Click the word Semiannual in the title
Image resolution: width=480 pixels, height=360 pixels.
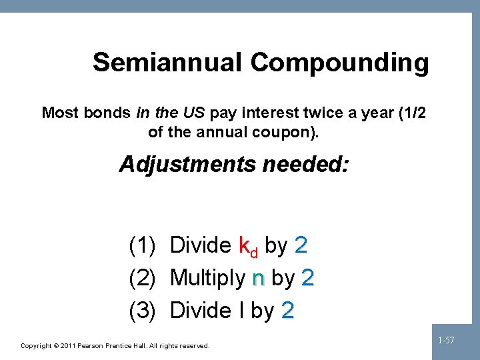coord(168,62)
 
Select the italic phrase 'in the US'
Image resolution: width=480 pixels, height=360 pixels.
coord(170,113)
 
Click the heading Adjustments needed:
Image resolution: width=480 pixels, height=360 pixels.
coord(233,164)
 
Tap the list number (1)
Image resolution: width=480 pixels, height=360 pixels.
coord(142,246)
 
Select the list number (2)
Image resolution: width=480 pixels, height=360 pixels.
coord(142,278)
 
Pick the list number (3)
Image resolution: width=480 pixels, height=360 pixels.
coord(142,310)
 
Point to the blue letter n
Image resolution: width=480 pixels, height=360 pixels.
coord(258,279)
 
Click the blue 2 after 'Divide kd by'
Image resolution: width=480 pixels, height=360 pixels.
coord(301,246)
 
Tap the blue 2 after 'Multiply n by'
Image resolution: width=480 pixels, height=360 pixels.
coord(307,278)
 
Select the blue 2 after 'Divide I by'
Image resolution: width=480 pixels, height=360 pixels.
coord(287,310)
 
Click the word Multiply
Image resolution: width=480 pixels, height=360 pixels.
coord(207,278)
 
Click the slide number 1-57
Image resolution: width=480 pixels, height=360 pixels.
coord(446,341)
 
